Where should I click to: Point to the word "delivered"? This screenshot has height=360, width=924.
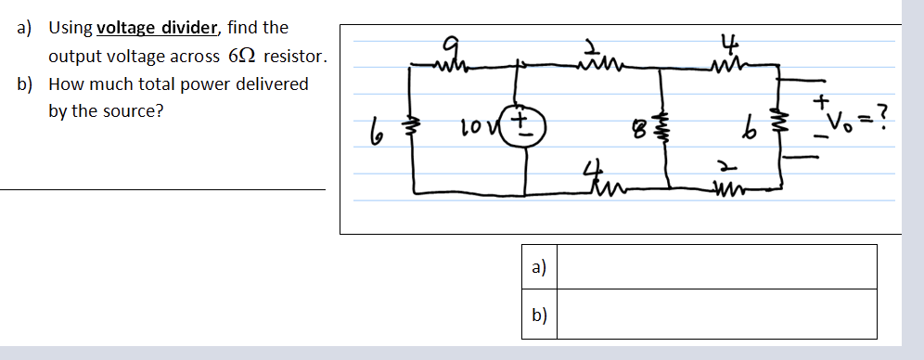point(273,84)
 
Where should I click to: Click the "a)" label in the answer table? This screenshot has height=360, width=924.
point(539,267)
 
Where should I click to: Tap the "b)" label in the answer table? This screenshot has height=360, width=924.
point(539,315)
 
